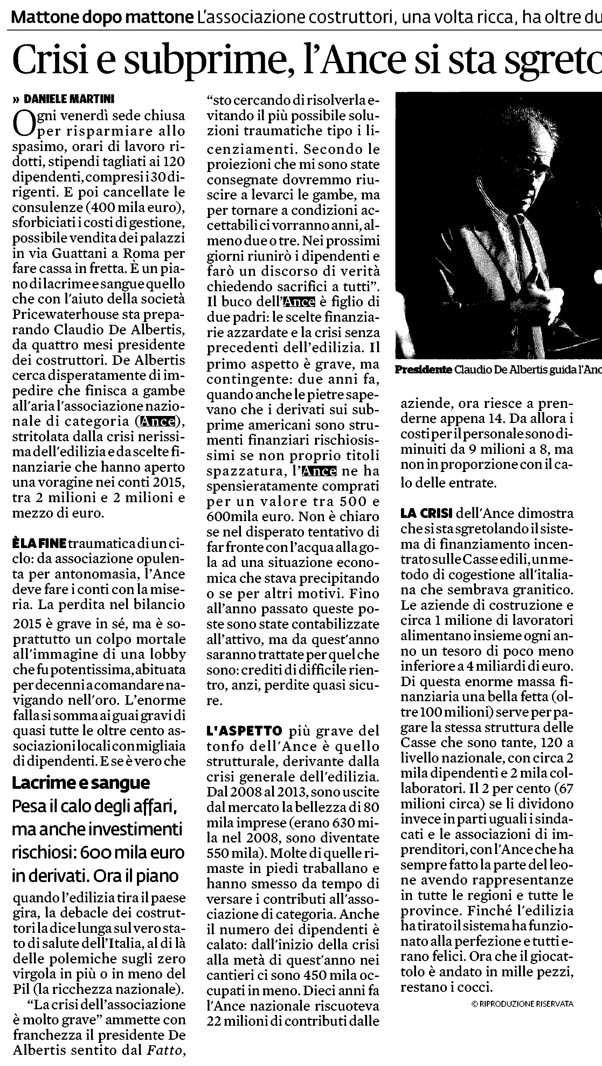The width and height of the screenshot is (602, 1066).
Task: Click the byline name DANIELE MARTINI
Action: pos(69,99)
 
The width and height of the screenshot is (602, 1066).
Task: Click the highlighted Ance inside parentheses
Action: pos(158,421)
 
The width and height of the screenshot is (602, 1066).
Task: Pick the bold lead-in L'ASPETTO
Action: pos(244,743)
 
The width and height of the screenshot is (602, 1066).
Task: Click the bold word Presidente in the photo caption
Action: pos(423,370)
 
